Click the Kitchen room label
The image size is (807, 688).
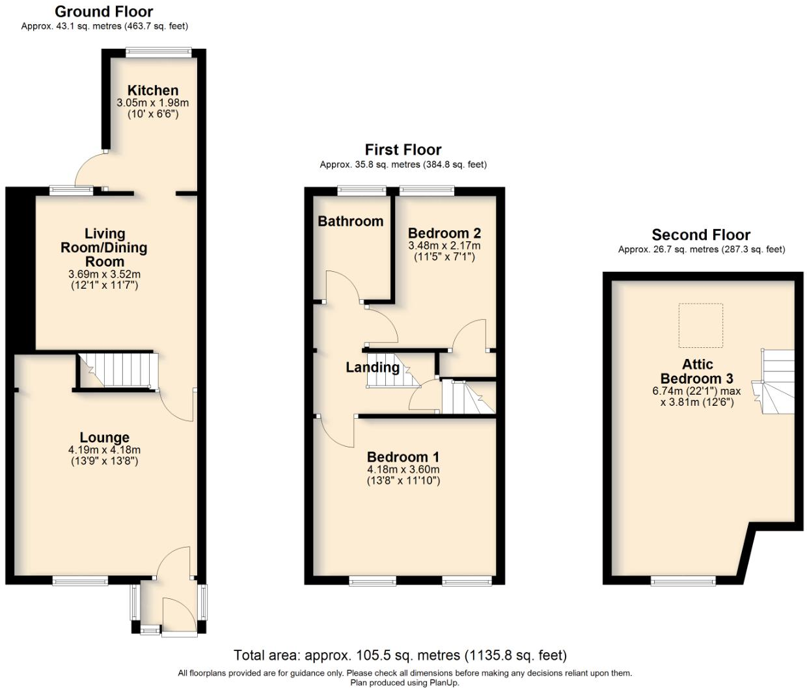pyautogui.click(x=153, y=90)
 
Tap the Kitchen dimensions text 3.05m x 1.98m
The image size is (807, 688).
pyautogui.click(x=153, y=103)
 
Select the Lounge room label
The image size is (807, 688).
pyautogui.click(x=104, y=438)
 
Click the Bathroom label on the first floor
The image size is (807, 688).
pyautogui.click(x=350, y=221)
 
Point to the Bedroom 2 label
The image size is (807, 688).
pyautogui.click(x=444, y=233)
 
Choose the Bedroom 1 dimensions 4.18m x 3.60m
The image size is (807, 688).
pyautogui.click(x=403, y=470)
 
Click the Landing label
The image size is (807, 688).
pyautogui.click(x=372, y=367)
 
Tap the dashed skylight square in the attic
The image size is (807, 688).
pyautogui.click(x=701, y=325)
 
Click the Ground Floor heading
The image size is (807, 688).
pyautogui.click(x=104, y=12)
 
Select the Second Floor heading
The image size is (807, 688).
pyautogui.click(x=701, y=235)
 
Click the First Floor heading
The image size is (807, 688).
pyautogui.click(x=403, y=150)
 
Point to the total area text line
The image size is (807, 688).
pyautogui.click(x=400, y=655)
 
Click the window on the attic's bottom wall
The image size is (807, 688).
pyautogui.click(x=683, y=581)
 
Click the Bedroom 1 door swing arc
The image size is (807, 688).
pyautogui.click(x=335, y=432)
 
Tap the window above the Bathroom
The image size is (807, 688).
pyautogui.click(x=362, y=191)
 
